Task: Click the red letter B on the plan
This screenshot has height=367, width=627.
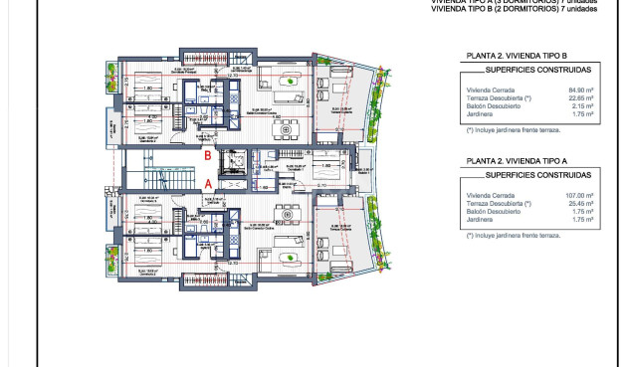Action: (x=207, y=155)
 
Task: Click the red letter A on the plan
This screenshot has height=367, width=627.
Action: (x=207, y=184)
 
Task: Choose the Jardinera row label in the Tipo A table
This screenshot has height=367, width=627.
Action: (x=480, y=219)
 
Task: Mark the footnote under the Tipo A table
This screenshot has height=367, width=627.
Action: (x=513, y=236)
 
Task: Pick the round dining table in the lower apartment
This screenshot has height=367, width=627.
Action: (x=289, y=214)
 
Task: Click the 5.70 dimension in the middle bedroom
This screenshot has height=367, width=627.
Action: (x=321, y=185)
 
